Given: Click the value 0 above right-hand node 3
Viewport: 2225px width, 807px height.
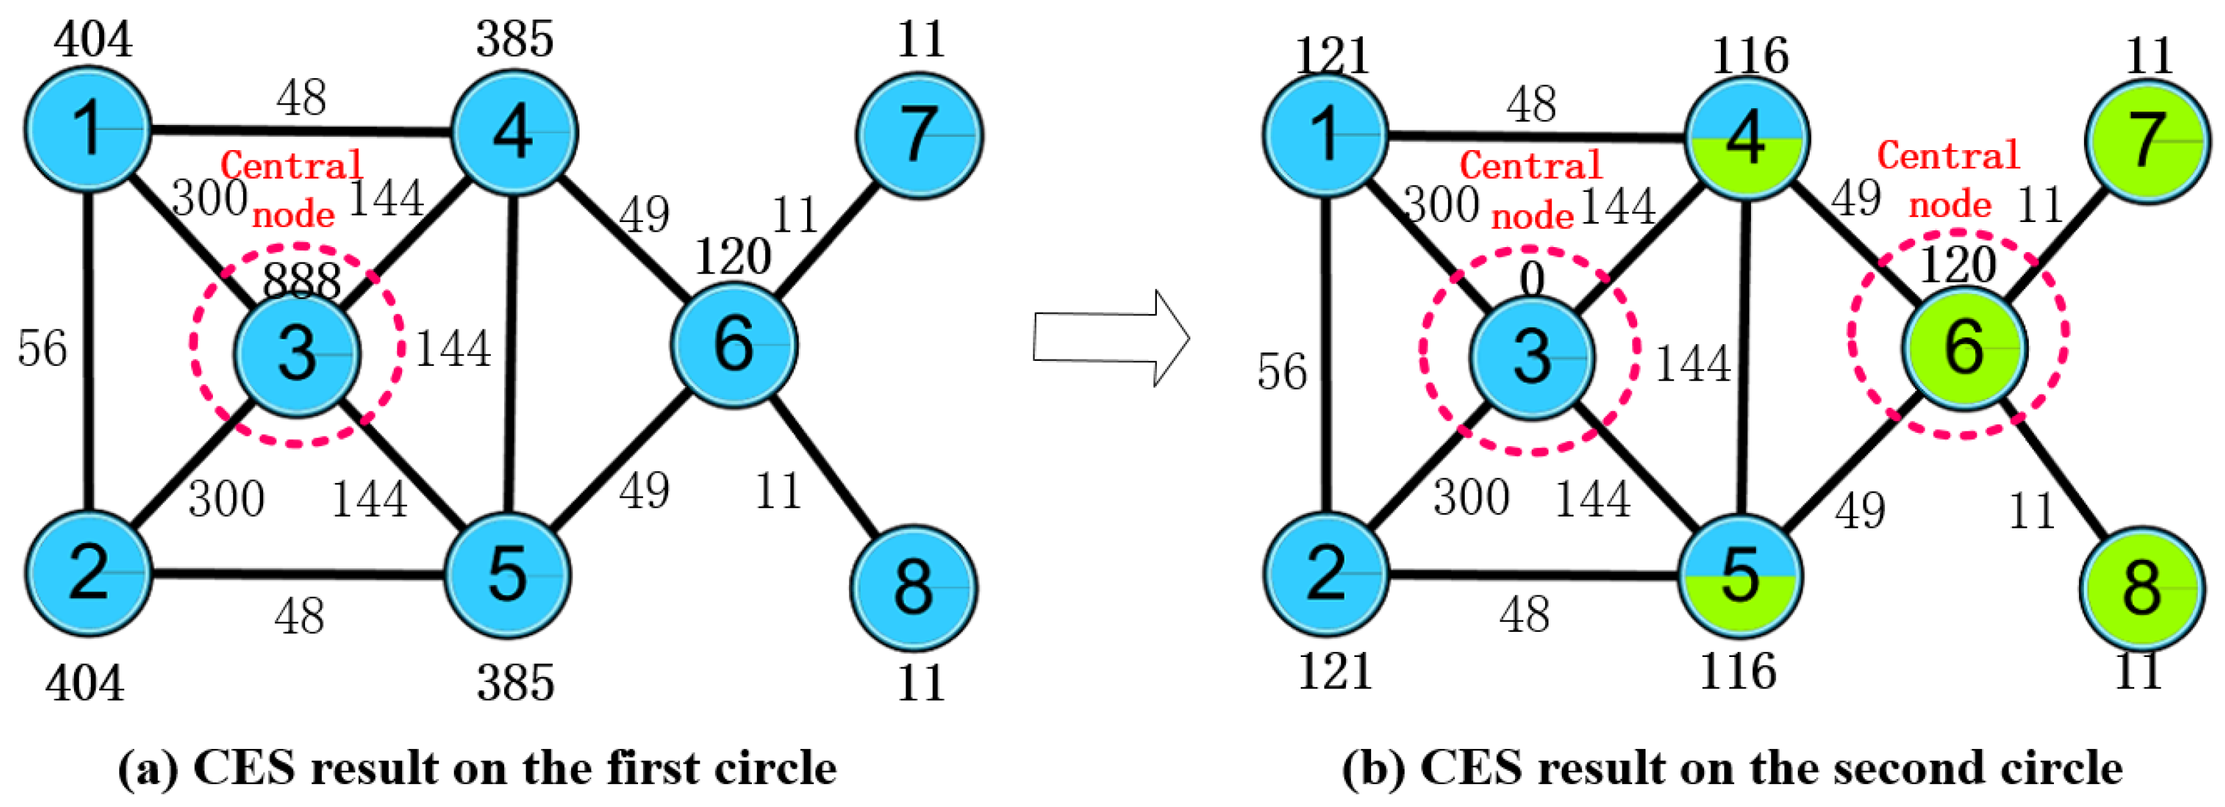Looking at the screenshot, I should [x=1532, y=279].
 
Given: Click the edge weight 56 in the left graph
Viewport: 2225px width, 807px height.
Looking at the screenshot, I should [x=43, y=349].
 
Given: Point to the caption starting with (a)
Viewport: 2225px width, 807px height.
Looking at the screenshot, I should [x=478, y=767].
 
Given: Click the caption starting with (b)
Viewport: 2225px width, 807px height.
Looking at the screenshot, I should [x=1732, y=767].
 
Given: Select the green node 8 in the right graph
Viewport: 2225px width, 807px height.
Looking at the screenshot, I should [x=2141, y=588].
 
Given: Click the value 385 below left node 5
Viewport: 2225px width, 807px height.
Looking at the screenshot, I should [x=516, y=683].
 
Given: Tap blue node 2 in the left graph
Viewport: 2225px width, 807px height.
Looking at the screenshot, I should [x=89, y=574].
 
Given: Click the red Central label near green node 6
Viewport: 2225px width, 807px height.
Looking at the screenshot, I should [x=1949, y=156].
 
